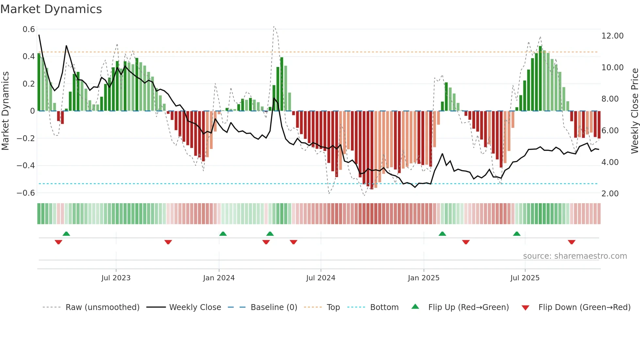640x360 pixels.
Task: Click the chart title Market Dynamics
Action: tap(51, 9)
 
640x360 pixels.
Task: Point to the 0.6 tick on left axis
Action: tap(29, 29)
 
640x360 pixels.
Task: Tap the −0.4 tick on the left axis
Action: tap(26, 166)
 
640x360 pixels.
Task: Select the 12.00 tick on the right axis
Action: tap(612, 36)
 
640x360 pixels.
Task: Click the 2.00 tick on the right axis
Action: tap(610, 194)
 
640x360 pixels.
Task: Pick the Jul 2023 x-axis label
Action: tap(116, 278)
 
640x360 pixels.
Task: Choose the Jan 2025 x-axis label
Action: tap(424, 278)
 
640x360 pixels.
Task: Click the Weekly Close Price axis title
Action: tap(634, 111)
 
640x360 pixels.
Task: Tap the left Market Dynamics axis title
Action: tap(5, 111)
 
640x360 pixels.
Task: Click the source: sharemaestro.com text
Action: tap(575, 256)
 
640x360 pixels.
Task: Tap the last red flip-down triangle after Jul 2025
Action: tap(571, 242)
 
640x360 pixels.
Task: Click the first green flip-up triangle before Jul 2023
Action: tap(66, 234)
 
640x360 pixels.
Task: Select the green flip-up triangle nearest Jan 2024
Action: tap(223, 234)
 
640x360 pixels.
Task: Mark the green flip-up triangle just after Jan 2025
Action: tap(442, 234)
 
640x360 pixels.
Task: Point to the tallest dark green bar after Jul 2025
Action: tap(540, 78)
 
